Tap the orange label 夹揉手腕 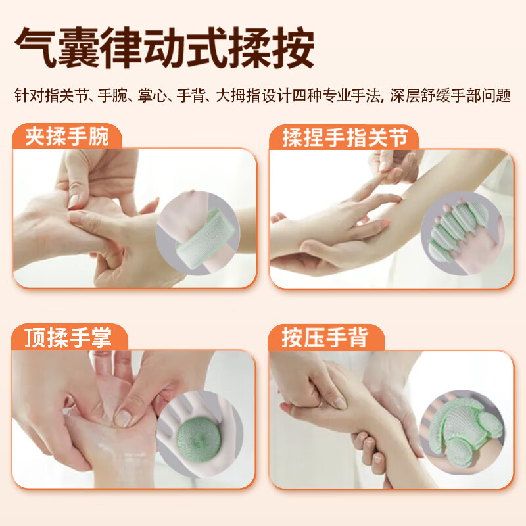66,137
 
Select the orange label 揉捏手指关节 345,137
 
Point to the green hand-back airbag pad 460,431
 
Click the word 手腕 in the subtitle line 114,96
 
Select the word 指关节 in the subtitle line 64,96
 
